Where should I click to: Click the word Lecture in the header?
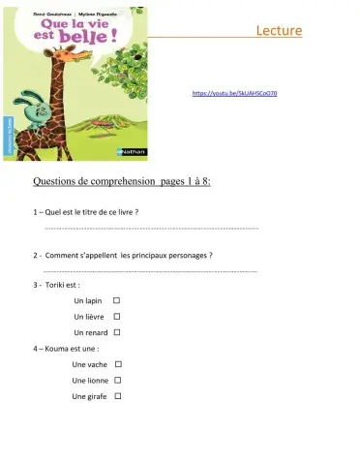coord(280,32)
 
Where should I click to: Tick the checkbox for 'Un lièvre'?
coord(116,317)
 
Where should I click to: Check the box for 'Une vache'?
coord(117,364)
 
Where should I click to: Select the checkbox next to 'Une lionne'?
coord(117,380)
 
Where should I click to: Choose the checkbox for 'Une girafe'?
coord(117,395)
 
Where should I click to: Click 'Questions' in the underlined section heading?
coord(56,180)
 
